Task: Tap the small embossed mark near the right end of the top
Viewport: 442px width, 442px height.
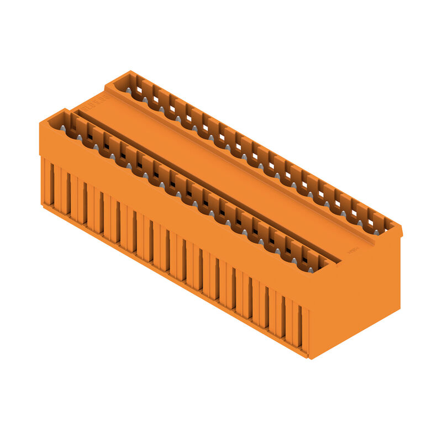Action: click(x=351, y=250)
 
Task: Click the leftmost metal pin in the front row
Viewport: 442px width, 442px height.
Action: click(x=62, y=128)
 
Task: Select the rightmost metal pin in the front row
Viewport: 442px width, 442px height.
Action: click(x=311, y=270)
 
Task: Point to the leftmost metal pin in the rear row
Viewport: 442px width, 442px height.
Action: click(x=128, y=90)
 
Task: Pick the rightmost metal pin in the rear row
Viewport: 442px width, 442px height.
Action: click(x=376, y=232)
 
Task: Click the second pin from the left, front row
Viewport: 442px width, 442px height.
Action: click(x=79, y=138)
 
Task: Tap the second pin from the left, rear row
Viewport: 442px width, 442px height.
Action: click(x=145, y=99)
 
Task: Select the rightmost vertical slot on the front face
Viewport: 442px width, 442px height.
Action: click(x=300, y=326)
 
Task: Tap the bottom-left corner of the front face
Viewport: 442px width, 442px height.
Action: click(x=43, y=205)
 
